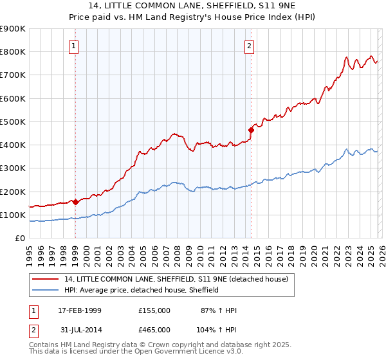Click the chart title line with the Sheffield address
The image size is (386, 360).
(x=192, y=6)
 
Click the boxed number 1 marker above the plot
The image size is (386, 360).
(x=75, y=46)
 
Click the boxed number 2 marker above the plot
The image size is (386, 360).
(x=249, y=46)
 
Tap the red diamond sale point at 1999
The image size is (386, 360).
(x=76, y=202)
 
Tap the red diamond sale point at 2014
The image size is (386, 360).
(x=251, y=130)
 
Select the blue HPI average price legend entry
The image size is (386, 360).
(x=142, y=290)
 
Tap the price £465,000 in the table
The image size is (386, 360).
(x=154, y=328)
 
